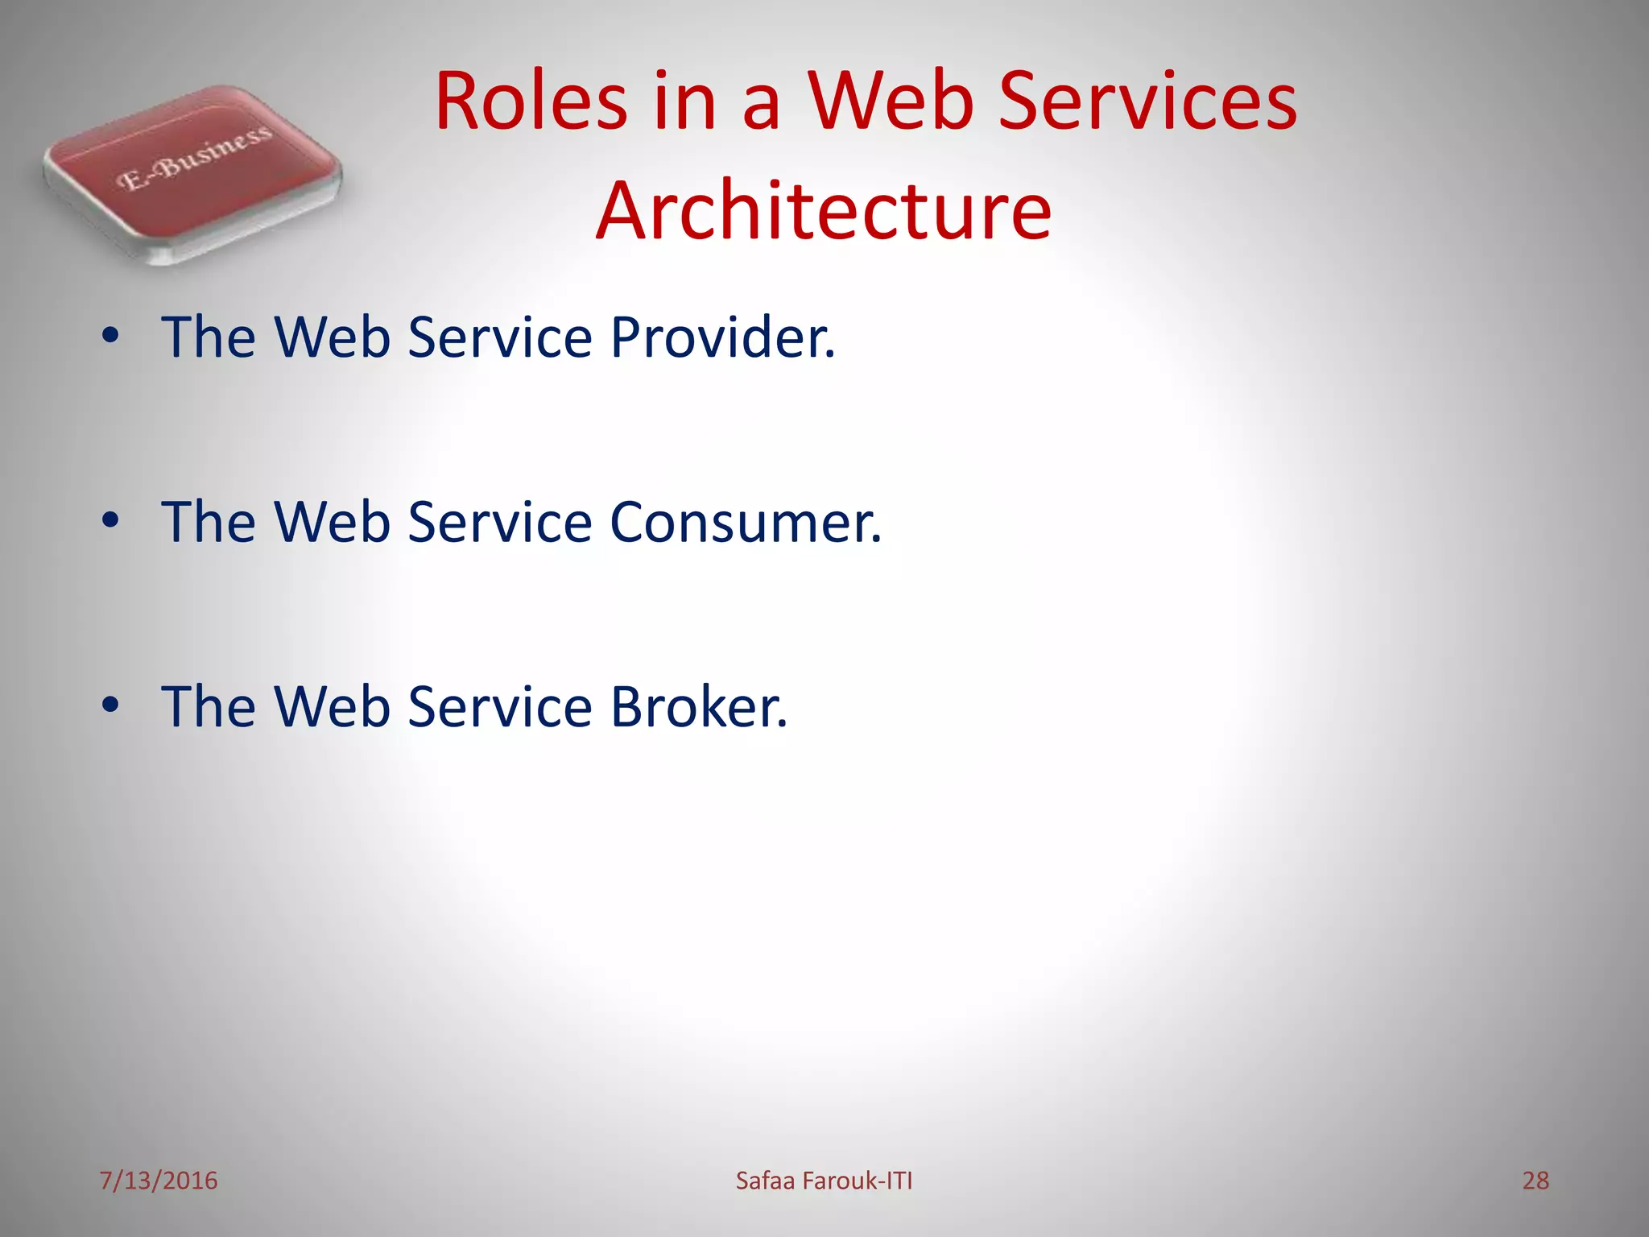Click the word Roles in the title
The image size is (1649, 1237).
531,101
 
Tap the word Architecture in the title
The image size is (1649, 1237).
824,211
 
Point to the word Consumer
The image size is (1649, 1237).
746,522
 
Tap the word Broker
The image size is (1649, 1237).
698,707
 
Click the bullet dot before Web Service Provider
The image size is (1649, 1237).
110,336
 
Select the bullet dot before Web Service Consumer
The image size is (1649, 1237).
110,521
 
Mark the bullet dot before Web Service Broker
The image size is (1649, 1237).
110,705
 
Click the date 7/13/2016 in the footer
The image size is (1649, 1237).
158,1181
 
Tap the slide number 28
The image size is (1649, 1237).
1535,1181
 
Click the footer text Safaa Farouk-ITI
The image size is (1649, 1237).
824,1181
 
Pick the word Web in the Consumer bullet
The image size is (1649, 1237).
333,522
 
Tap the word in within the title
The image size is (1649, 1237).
684,101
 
